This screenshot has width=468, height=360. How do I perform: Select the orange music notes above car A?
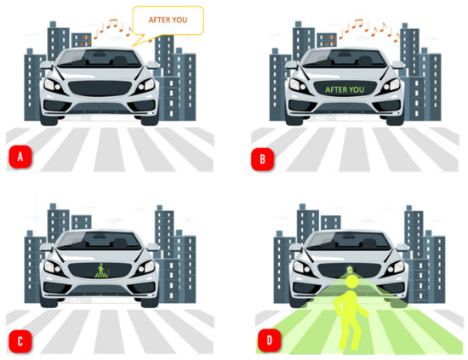[110, 31]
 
